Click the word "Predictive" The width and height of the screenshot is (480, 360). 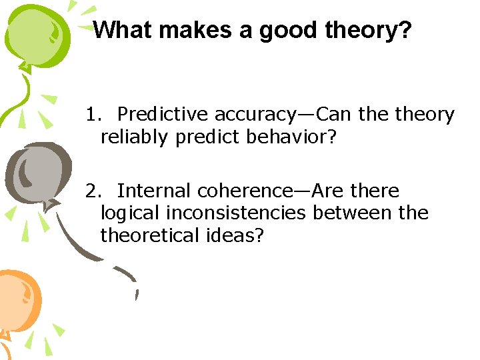coord(163,115)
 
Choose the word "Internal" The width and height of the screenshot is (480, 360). coord(154,191)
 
